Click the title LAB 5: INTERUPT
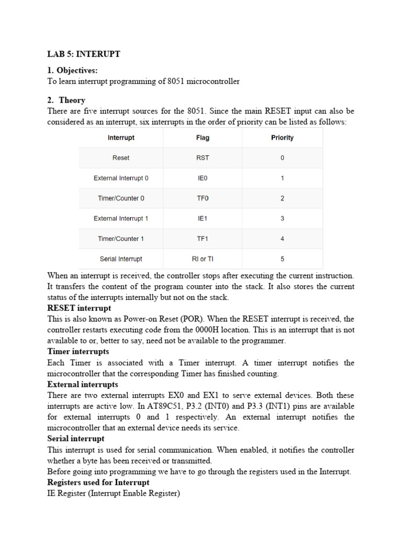tap(84, 54)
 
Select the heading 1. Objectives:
tap(72, 70)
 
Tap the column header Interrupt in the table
tap(121, 138)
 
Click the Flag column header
tap(203, 138)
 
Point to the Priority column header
tap(282, 138)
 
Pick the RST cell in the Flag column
tap(203, 158)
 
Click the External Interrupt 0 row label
tap(121, 178)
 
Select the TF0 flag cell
tap(203, 198)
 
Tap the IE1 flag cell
tap(203, 218)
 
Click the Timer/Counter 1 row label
tap(121, 239)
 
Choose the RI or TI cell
tap(203, 259)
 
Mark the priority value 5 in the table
tap(282, 259)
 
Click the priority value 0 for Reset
tap(282, 158)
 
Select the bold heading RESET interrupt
tap(79, 308)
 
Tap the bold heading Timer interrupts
tap(78, 352)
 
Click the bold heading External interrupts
tap(83, 385)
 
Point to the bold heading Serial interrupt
tap(76, 439)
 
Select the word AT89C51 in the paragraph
tap(160, 406)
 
